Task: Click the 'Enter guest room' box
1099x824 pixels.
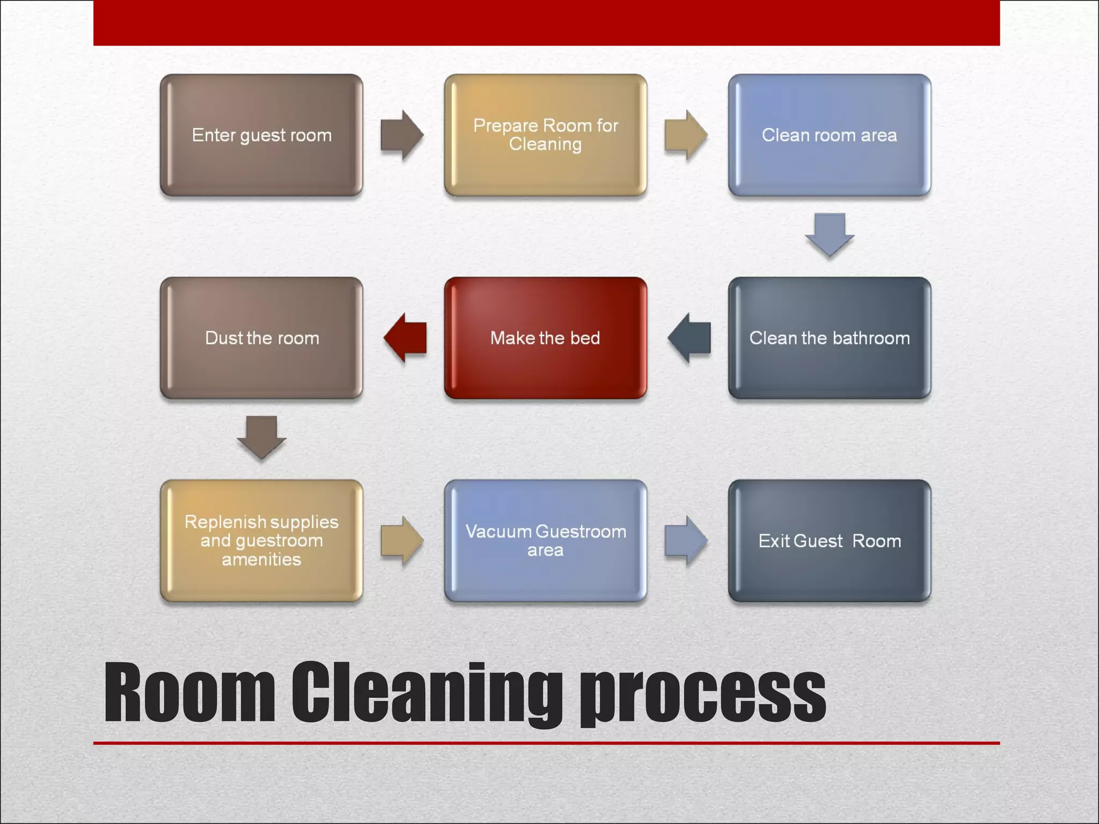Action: pos(261,135)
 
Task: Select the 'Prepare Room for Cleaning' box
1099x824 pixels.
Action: pos(545,135)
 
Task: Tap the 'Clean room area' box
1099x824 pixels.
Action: pos(829,135)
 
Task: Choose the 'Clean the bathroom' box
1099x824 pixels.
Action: pos(829,338)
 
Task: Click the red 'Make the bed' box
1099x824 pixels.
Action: pos(545,338)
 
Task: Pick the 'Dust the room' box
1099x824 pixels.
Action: pos(261,338)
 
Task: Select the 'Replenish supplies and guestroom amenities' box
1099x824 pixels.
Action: pos(261,541)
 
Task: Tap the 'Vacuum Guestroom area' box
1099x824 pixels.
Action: pos(545,541)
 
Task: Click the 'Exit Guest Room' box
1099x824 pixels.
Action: pos(829,541)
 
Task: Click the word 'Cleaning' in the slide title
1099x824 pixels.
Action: pos(427,693)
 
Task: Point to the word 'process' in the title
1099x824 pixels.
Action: pos(703,693)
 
